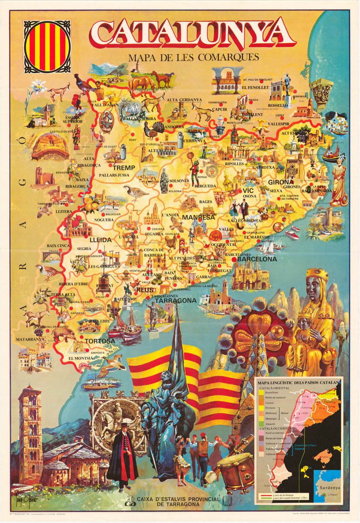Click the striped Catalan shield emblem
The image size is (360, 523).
46,47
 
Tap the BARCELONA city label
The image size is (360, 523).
257,259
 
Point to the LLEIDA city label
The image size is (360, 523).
101,240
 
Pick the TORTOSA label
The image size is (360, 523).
100,341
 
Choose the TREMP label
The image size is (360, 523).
124,167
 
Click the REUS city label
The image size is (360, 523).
145,290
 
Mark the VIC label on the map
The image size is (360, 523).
248,190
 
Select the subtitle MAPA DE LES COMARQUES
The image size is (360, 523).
194,57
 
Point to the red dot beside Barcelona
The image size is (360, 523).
234,259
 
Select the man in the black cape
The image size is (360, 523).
123,453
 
